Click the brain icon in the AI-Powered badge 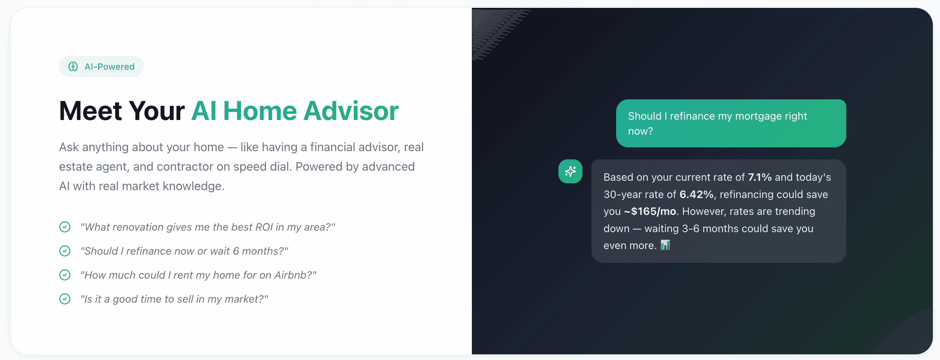click(x=73, y=66)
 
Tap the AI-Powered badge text click(x=109, y=67)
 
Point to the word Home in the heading click(x=260, y=111)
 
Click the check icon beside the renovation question click(x=65, y=227)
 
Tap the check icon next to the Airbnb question click(x=65, y=275)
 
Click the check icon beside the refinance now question click(x=65, y=251)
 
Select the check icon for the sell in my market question click(x=65, y=299)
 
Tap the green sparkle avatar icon click(x=570, y=171)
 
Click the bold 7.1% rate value click(x=760, y=177)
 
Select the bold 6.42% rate click(x=696, y=194)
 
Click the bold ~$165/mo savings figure click(x=650, y=211)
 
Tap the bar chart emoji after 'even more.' click(x=665, y=245)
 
